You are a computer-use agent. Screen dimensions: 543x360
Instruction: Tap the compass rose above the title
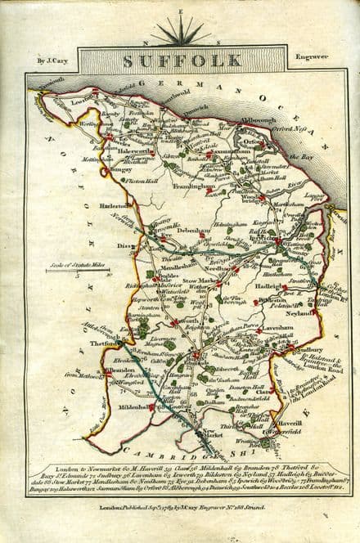click(181, 32)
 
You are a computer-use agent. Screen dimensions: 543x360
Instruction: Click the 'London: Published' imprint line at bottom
click(181, 506)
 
